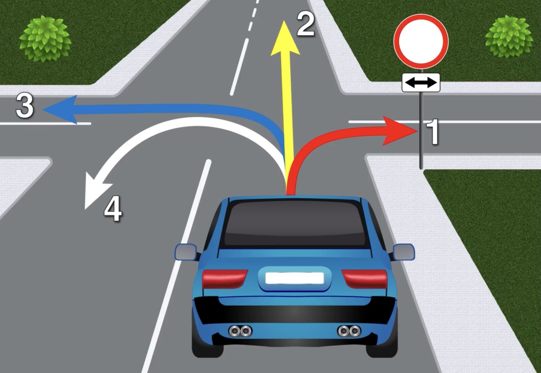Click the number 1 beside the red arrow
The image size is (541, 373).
pos(433,132)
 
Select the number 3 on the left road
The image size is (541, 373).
pos(25,106)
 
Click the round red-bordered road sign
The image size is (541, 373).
pos(421,40)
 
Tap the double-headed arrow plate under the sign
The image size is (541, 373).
pos(421,83)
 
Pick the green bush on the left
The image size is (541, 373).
pos(45,38)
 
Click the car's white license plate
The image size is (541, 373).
pos(295,278)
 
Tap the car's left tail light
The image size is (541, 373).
pos(225,279)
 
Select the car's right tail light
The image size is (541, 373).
pos(364,279)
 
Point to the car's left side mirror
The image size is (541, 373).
pos(186,252)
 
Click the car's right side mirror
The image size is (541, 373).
pos(403,252)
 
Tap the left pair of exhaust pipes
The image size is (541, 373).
pos(240,331)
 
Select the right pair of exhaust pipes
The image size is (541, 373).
pos(349,331)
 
